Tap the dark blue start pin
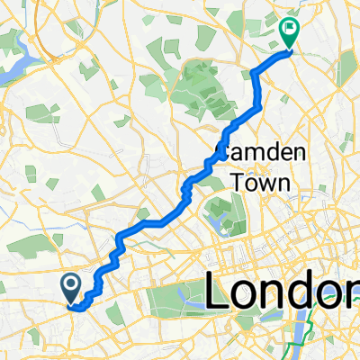click(x=72, y=286)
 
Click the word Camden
click(x=255, y=151)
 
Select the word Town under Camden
click(x=261, y=182)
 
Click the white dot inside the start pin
click(x=72, y=284)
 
